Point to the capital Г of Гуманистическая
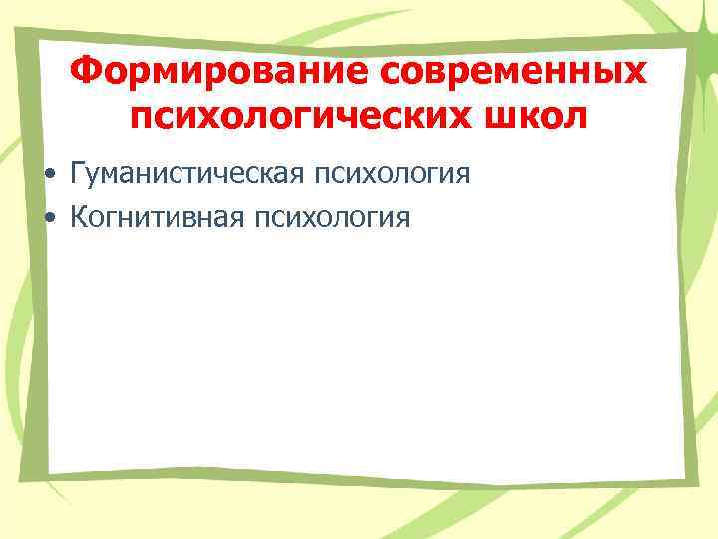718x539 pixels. [x=78, y=174]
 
